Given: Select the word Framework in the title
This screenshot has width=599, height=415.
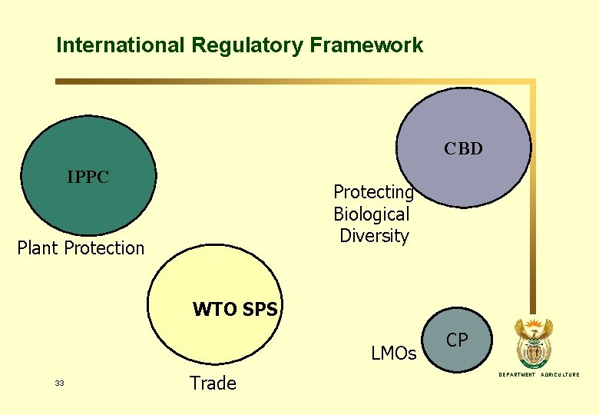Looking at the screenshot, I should click(366, 45).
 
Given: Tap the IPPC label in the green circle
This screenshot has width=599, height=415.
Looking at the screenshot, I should click(88, 178).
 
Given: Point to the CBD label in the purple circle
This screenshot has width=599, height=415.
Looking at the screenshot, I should click(463, 149).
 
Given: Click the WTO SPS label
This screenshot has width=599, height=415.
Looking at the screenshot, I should click(234, 310).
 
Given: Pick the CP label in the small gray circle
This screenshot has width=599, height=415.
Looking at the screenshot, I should click(457, 340).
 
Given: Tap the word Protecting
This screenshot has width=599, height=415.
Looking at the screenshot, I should click(373, 192).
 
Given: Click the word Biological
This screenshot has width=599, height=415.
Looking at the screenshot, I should click(372, 214).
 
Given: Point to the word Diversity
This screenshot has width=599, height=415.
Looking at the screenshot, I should click(374, 236).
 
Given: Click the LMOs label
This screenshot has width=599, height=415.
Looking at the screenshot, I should click(393, 354).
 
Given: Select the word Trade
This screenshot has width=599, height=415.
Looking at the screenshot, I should click(213, 383).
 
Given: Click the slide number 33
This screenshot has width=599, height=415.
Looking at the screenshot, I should click(60, 383).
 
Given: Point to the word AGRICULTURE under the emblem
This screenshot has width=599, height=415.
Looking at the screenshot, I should click(561, 375).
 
